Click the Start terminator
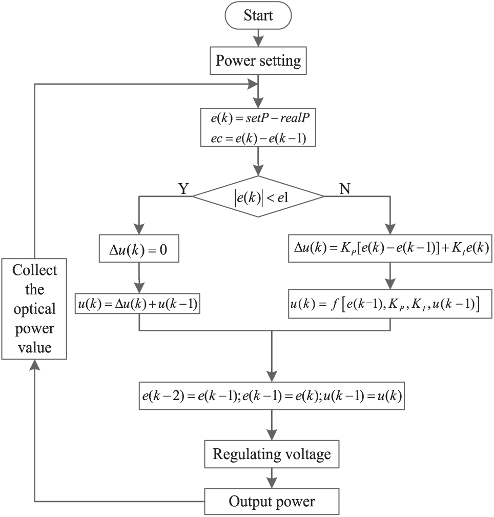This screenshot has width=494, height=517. (x=258, y=15)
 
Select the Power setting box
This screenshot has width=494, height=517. (x=258, y=61)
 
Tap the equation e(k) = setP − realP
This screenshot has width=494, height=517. (x=260, y=118)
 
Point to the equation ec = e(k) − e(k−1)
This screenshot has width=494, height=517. (x=258, y=138)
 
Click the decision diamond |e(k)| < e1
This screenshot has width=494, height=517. (x=258, y=196)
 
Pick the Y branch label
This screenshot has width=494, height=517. (x=183, y=189)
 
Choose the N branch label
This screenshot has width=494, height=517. (x=344, y=189)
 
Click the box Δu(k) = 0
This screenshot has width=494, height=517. (x=139, y=249)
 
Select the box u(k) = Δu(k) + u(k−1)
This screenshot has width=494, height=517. (x=137, y=303)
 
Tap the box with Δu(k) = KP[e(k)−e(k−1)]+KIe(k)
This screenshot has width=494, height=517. (x=390, y=249)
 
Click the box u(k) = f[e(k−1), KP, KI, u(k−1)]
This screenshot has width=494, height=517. (x=390, y=304)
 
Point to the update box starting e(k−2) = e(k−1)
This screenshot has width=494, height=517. (x=272, y=395)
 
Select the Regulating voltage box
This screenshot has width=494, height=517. (x=272, y=454)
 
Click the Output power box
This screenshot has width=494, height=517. (x=272, y=502)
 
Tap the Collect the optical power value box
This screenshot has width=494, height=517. (x=34, y=309)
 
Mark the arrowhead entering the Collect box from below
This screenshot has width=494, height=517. (x=34, y=365)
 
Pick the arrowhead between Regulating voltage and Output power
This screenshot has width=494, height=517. (x=272, y=483)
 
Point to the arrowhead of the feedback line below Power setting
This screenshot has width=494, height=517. (x=252, y=84)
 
